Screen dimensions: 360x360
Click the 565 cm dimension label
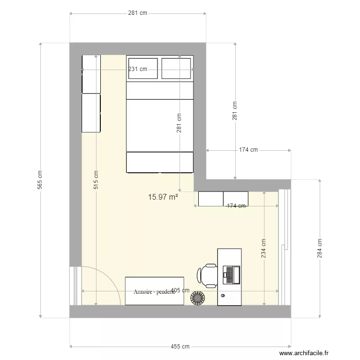point(40,180)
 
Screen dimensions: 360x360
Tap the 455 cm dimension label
point(180,347)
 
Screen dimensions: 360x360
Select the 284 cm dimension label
point(320,248)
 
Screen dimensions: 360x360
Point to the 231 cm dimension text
point(138,69)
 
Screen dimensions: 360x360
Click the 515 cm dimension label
point(96,180)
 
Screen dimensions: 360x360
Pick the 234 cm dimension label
point(264,248)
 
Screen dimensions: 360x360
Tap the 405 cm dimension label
point(180,290)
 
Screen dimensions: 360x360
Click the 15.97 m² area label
point(163,197)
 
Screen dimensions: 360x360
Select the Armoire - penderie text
point(154,292)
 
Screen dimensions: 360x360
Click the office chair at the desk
point(207,276)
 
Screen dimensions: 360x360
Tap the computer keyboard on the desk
point(229,275)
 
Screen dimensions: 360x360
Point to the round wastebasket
point(197,298)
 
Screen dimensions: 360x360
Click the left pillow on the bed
point(143,69)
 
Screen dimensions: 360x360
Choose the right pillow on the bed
point(176,69)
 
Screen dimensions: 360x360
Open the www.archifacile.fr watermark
point(304,353)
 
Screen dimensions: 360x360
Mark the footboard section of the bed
point(160,162)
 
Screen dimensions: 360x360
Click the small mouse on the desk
point(223,296)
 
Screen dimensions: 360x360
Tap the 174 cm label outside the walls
point(249,150)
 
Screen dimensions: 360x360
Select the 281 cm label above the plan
point(138,13)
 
